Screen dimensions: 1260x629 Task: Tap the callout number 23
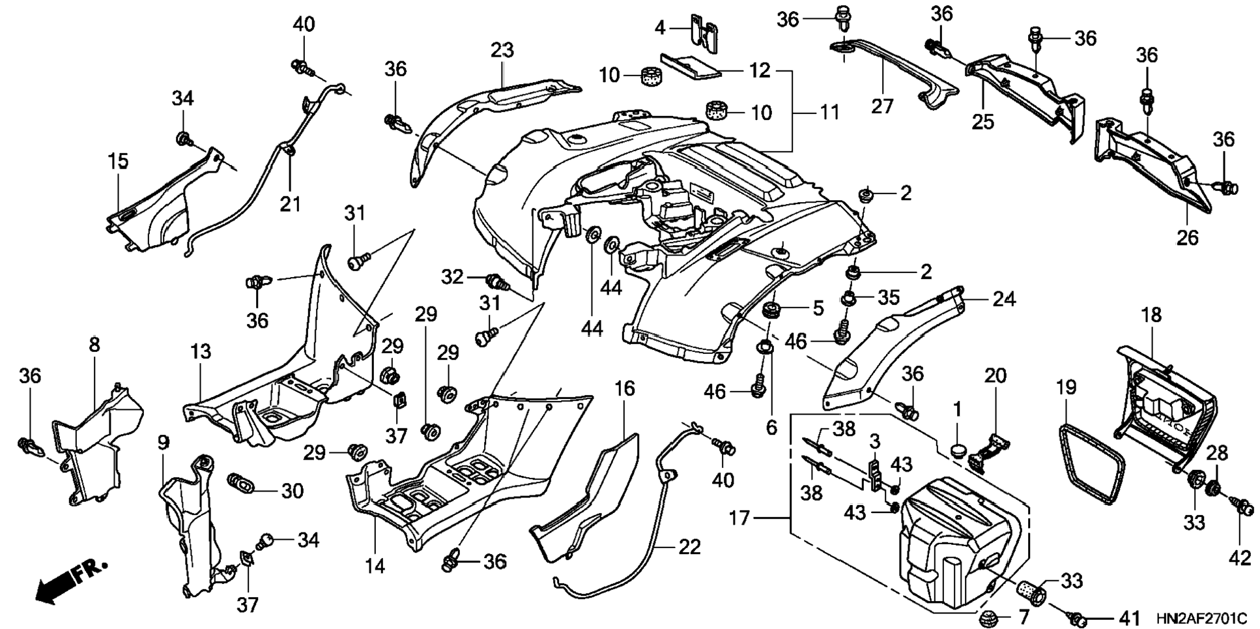pos(502,50)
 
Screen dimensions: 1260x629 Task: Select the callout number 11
pos(828,112)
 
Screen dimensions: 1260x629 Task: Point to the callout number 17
pos(740,518)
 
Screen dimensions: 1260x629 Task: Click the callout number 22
pos(689,546)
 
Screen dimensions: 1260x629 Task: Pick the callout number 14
pos(375,566)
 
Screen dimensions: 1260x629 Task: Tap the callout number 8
pos(94,344)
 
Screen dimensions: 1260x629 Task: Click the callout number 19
pos(1067,388)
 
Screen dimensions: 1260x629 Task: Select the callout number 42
pos(1240,558)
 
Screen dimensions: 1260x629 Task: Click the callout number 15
pos(118,162)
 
